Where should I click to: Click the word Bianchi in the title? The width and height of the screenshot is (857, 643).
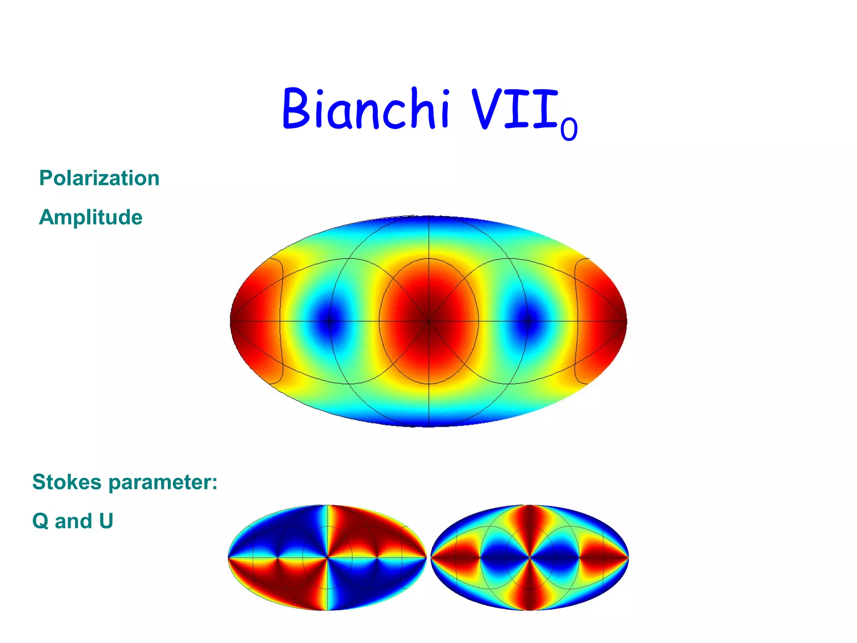[366, 109]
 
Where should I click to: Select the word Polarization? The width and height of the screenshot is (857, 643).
[99, 178]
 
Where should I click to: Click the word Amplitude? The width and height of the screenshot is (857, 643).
[91, 217]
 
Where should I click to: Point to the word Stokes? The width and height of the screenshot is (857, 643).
[67, 482]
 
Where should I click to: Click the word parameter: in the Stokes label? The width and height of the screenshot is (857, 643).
[163, 483]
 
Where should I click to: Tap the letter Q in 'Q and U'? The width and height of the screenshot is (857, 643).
[40, 521]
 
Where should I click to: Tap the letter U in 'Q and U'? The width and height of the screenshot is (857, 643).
[106, 521]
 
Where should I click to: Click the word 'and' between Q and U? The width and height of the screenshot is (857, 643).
[73, 521]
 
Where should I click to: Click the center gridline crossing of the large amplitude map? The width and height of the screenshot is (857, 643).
[429, 321]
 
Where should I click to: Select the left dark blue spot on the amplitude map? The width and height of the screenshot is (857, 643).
[330, 321]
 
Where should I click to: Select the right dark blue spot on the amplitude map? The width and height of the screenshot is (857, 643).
[528, 321]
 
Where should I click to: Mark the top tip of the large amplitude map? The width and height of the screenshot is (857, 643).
[429, 217]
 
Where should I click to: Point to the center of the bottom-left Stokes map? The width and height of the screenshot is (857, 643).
[327, 558]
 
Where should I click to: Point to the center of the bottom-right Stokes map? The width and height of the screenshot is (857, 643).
[530, 558]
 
